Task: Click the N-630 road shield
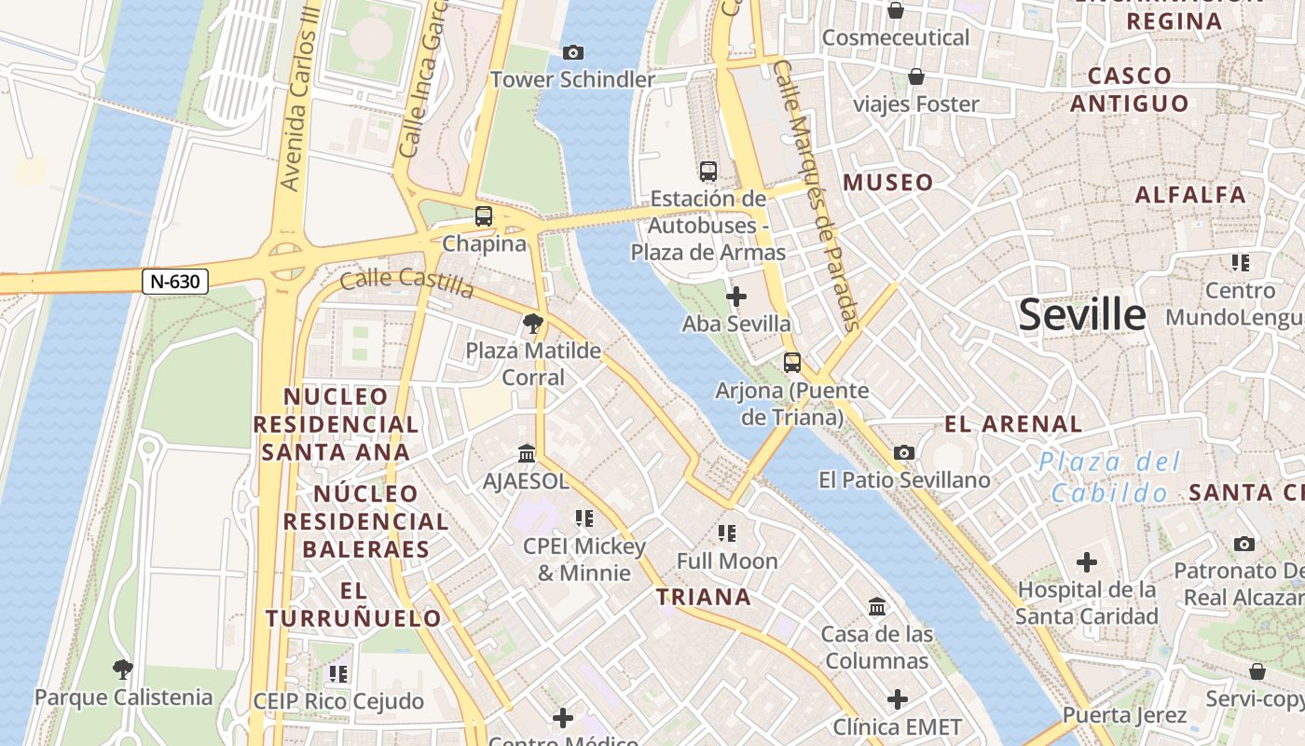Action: pyautogui.click(x=174, y=281)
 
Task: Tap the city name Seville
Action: pyautogui.click(x=1081, y=315)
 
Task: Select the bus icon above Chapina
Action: pyautogui.click(x=484, y=216)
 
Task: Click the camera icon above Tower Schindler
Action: pyautogui.click(x=573, y=52)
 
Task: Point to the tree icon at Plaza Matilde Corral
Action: pyautogui.click(x=533, y=324)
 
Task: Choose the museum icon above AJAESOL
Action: pyautogui.click(x=527, y=453)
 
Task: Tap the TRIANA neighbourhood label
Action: pyautogui.click(x=704, y=597)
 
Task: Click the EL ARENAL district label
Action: pyautogui.click(x=1013, y=424)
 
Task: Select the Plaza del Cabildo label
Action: pyautogui.click(x=1109, y=477)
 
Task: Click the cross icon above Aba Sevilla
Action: pyautogui.click(x=736, y=297)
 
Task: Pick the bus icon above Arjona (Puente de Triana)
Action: pyautogui.click(x=792, y=362)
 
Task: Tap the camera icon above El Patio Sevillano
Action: pyautogui.click(x=903, y=452)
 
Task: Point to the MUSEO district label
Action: pyautogui.click(x=888, y=183)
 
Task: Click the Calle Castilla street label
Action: pyautogui.click(x=406, y=281)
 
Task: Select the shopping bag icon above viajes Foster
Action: pyautogui.click(x=916, y=76)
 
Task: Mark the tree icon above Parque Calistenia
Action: pyautogui.click(x=122, y=669)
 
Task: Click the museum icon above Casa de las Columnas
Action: pyautogui.click(x=877, y=607)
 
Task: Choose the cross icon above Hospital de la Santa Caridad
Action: pyautogui.click(x=1087, y=562)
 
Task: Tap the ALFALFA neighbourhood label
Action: pyautogui.click(x=1190, y=195)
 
